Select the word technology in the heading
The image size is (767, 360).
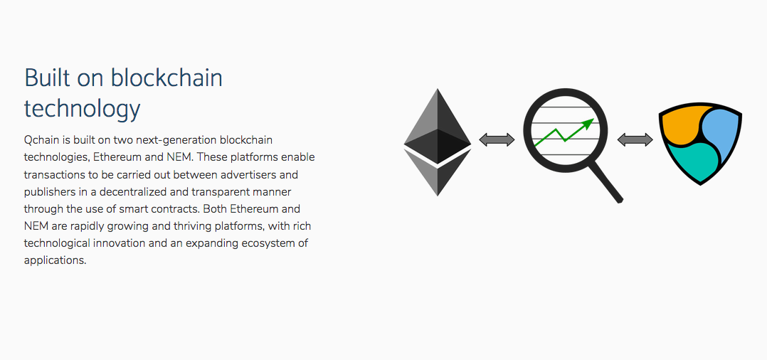83,109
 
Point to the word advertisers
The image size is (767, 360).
270,174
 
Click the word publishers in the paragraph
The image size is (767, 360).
49,192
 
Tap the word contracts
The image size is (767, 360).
176,209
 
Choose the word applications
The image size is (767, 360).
55,260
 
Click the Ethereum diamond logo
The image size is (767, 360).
438,142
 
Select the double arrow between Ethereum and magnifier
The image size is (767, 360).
497,140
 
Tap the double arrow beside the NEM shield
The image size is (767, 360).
635,140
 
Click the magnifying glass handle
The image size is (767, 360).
606,182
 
